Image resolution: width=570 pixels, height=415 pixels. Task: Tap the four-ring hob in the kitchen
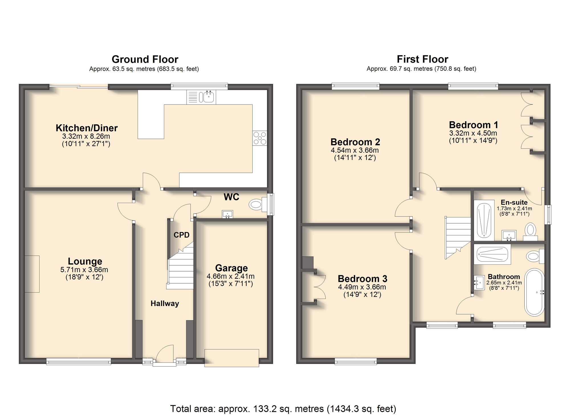pos(260,138)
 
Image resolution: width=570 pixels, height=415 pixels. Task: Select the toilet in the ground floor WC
pos(256,205)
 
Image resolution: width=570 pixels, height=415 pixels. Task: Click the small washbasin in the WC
pos(227,214)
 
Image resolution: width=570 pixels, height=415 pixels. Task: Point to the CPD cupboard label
pos(182,235)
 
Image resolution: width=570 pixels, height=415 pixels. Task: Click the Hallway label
pos(165,303)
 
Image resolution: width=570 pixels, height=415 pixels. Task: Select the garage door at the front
pos(232,358)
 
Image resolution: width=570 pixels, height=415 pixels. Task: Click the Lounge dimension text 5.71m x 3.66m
pos(84,270)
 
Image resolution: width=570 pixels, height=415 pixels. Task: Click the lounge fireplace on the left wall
pos(32,274)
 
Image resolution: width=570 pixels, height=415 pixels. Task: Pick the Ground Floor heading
pos(145,59)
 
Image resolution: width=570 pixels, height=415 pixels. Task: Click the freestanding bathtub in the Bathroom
pos(535,292)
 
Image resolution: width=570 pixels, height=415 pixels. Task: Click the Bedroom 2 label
pos(355,142)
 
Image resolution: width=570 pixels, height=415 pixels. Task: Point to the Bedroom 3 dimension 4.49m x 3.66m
pos(362,287)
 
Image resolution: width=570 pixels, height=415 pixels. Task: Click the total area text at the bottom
pos(283,408)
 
